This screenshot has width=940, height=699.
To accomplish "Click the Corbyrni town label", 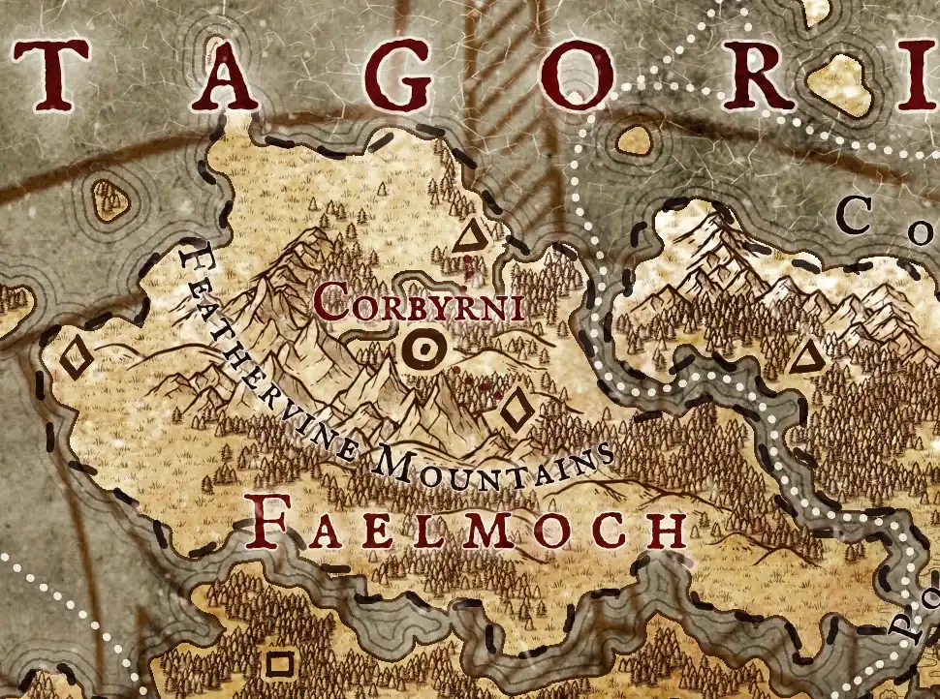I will (419, 303).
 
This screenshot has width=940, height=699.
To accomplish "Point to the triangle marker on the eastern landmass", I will (802, 360).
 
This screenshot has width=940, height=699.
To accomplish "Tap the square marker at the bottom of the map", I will (280, 663).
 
